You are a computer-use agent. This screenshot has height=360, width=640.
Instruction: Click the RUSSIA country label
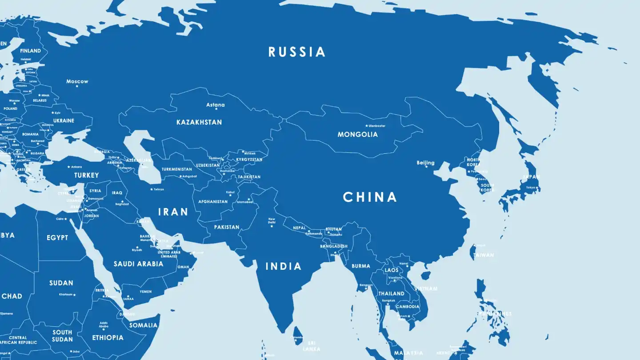tap(297, 52)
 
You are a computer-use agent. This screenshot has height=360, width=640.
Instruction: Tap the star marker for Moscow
tap(77, 86)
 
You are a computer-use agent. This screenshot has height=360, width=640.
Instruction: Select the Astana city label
tap(216, 105)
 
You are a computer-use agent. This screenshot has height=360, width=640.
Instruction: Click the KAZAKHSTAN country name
tap(199, 122)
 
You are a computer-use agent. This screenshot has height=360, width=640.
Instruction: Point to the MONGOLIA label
tap(357, 134)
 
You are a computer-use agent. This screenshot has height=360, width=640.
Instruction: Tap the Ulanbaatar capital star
tap(367, 126)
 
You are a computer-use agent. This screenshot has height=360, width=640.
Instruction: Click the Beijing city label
tap(425, 163)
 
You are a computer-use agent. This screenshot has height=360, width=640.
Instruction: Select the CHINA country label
tap(370, 197)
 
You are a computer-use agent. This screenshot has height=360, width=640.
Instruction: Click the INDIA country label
tap(284, 266)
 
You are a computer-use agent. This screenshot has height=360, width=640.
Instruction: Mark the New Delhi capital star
tap(272, 226)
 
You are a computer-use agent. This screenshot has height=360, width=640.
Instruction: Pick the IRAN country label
tap(173, 212)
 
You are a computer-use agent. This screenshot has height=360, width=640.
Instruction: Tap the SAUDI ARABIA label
tap(138, 264)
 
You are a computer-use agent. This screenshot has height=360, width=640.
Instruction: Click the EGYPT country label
tap(57, 238)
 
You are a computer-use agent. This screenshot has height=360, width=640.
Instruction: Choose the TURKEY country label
tap(87, 175)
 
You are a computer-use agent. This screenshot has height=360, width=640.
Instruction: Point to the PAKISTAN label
tap(227, 227)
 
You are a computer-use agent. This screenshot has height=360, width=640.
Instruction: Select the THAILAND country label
tap(391, 294)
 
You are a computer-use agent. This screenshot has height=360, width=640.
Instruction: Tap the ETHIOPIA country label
tap(108, 338)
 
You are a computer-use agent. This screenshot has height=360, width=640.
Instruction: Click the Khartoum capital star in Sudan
tap(74, 295)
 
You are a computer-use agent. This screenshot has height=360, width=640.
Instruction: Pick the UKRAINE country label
tap(64, 120)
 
